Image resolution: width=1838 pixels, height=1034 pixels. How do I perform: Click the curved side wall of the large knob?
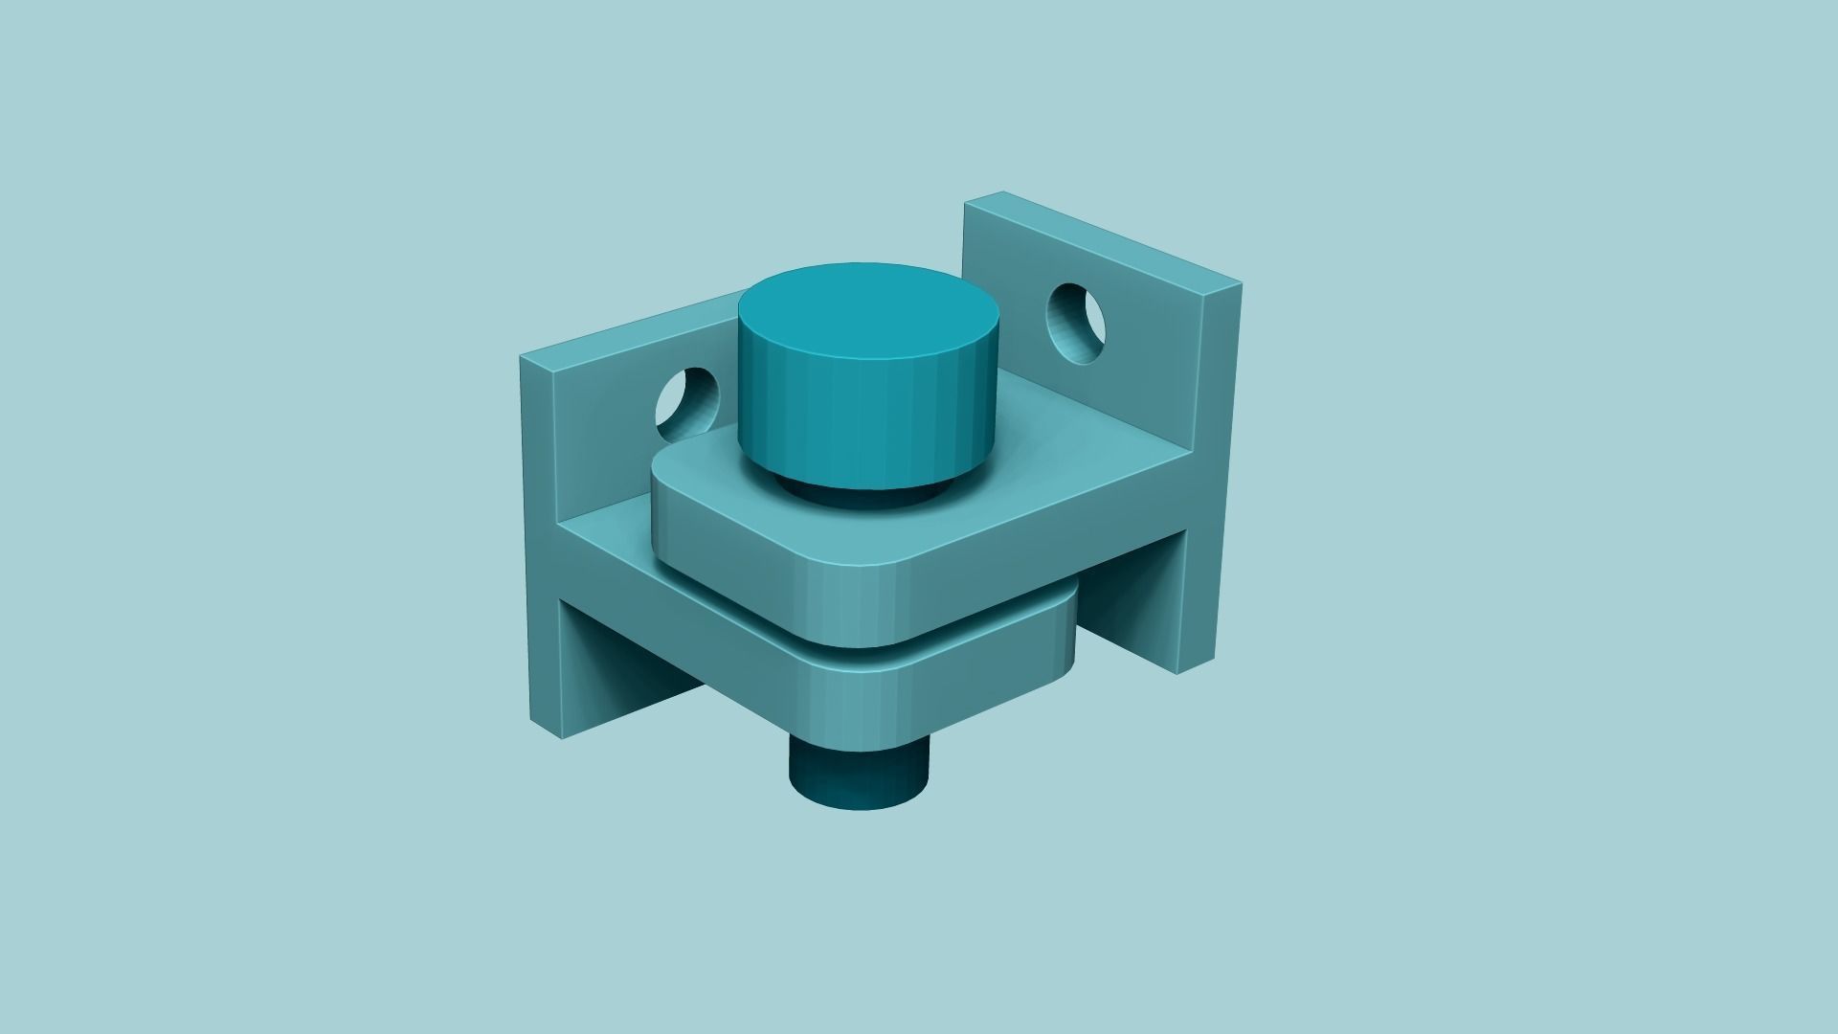pyautogui.click(x=862, y=421)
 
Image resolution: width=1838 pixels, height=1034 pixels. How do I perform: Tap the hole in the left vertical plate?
pyautogui.click(x=685, y=400)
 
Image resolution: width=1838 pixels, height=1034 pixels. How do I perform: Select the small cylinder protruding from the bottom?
pyautogui.click(x=858, y=776)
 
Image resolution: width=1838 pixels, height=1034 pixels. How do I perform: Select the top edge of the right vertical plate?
pyautogui.click(x=1101, y=239)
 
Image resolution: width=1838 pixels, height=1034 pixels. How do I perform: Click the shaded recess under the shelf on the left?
pyautogui.click(x=622, y=670)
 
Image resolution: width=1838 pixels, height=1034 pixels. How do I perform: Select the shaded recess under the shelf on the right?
pyautogui.click(x=1130, y=613)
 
